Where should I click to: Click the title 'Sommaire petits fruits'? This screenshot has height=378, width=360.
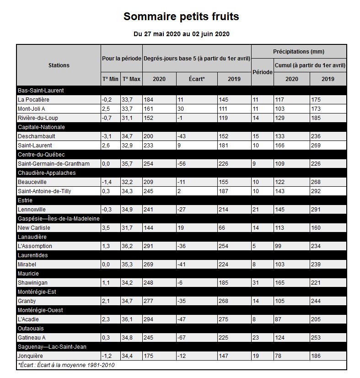[181, 17]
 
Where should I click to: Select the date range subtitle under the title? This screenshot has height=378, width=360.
[181, 34]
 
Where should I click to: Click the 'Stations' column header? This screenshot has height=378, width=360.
[59, 65]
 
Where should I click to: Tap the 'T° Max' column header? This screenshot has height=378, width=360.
[132, 79]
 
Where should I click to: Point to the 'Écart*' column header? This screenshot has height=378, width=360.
[197, 79]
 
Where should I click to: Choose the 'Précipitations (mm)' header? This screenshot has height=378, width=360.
[298, 52]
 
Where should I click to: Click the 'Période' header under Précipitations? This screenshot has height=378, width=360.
[263, 72]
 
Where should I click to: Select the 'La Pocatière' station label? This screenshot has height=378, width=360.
[33, 100]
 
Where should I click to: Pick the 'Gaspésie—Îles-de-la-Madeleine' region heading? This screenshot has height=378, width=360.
[59, 219]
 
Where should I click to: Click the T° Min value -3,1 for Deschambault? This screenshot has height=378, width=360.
[107, 136]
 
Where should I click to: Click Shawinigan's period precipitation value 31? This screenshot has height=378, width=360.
[256, 283]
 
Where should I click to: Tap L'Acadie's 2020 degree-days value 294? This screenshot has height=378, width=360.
[150, 319]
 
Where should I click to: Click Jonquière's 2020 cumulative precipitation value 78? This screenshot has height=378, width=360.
[278, 356]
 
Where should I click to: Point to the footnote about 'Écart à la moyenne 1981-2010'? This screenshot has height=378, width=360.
[66, 365]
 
